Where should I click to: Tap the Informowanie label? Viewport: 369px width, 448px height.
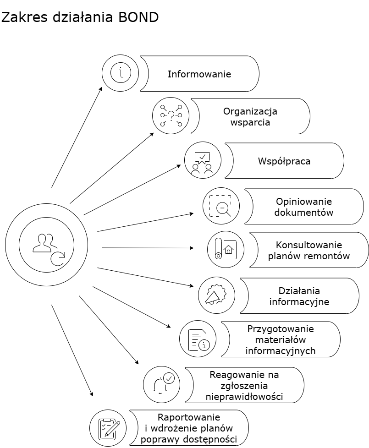(199, 74)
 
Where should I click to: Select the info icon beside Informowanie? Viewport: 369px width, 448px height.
(121, 73)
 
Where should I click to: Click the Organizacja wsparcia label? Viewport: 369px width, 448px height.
(250, 116)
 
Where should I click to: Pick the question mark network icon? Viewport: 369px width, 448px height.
(171, 116)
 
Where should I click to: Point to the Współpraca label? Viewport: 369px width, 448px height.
(284, 161)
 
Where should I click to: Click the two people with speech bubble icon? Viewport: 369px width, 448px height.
(203, 161)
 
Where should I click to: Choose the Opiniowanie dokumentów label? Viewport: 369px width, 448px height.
(304, 207)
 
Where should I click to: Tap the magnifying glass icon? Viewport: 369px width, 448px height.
(221, 206)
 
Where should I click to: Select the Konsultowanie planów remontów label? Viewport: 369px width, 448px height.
(308, 251)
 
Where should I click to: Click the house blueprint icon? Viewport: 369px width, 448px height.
(226, 250)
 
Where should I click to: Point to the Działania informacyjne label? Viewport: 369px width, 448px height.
(299, 296)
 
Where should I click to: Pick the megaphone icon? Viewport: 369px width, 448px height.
(216, 295)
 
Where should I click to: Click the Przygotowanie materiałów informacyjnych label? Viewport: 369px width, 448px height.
(281, 339)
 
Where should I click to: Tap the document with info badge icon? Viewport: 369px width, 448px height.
(198, 339)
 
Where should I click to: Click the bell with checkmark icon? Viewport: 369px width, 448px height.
(161, 384)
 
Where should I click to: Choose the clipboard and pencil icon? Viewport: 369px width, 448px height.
(108, 428)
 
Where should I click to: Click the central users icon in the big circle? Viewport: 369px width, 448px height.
(46, 248)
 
